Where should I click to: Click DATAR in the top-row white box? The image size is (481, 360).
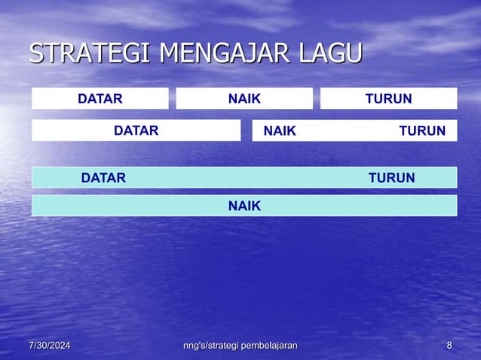point(100,99)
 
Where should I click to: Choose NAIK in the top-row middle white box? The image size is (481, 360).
point(244,99)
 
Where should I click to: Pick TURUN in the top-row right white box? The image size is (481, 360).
point(388,99)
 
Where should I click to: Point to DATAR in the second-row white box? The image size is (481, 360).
point(136,131)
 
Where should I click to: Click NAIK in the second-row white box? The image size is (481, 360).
point(280,131)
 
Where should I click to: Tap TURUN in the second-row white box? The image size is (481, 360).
point(422,131)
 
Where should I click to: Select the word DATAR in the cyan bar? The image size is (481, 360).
point(104,178)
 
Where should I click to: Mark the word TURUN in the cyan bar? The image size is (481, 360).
point(391,178)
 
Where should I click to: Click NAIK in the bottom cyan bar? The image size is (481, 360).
point(244,206)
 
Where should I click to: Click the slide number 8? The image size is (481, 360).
point(449,346)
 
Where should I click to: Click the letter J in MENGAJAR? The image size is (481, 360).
point(251,55)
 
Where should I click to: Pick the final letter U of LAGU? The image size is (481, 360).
point(353,54)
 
